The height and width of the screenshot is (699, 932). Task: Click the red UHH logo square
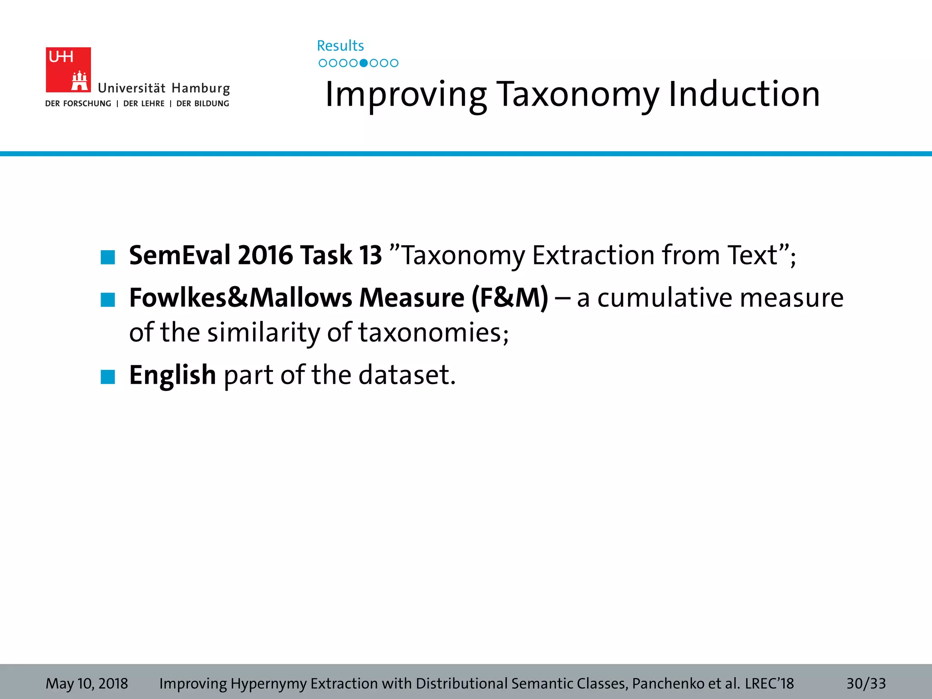point(68,70)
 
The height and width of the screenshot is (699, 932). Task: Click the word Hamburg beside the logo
point(201,88)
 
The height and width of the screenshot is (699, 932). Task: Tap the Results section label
point(340,46)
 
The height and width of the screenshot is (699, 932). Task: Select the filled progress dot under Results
point(363,63)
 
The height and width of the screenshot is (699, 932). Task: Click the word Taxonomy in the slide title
point(577,95)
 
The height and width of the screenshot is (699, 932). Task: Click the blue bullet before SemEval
point(108,257)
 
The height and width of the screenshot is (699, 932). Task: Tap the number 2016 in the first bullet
point(265,255)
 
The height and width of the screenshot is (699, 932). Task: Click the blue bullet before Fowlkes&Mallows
point(108,300)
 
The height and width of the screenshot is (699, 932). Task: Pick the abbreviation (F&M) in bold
point(510,298)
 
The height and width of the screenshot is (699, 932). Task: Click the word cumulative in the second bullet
point(665,298)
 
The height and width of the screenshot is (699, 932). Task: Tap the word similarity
point(263,332)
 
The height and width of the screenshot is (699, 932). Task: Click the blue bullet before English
point(108,377)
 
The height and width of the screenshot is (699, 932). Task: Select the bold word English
point(172,375)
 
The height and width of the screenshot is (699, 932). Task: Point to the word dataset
point(407,375)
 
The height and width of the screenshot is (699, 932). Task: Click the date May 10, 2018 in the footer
point(87,684)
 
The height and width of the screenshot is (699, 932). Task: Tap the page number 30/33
point(866,684)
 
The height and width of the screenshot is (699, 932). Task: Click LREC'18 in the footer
point(769,684)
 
